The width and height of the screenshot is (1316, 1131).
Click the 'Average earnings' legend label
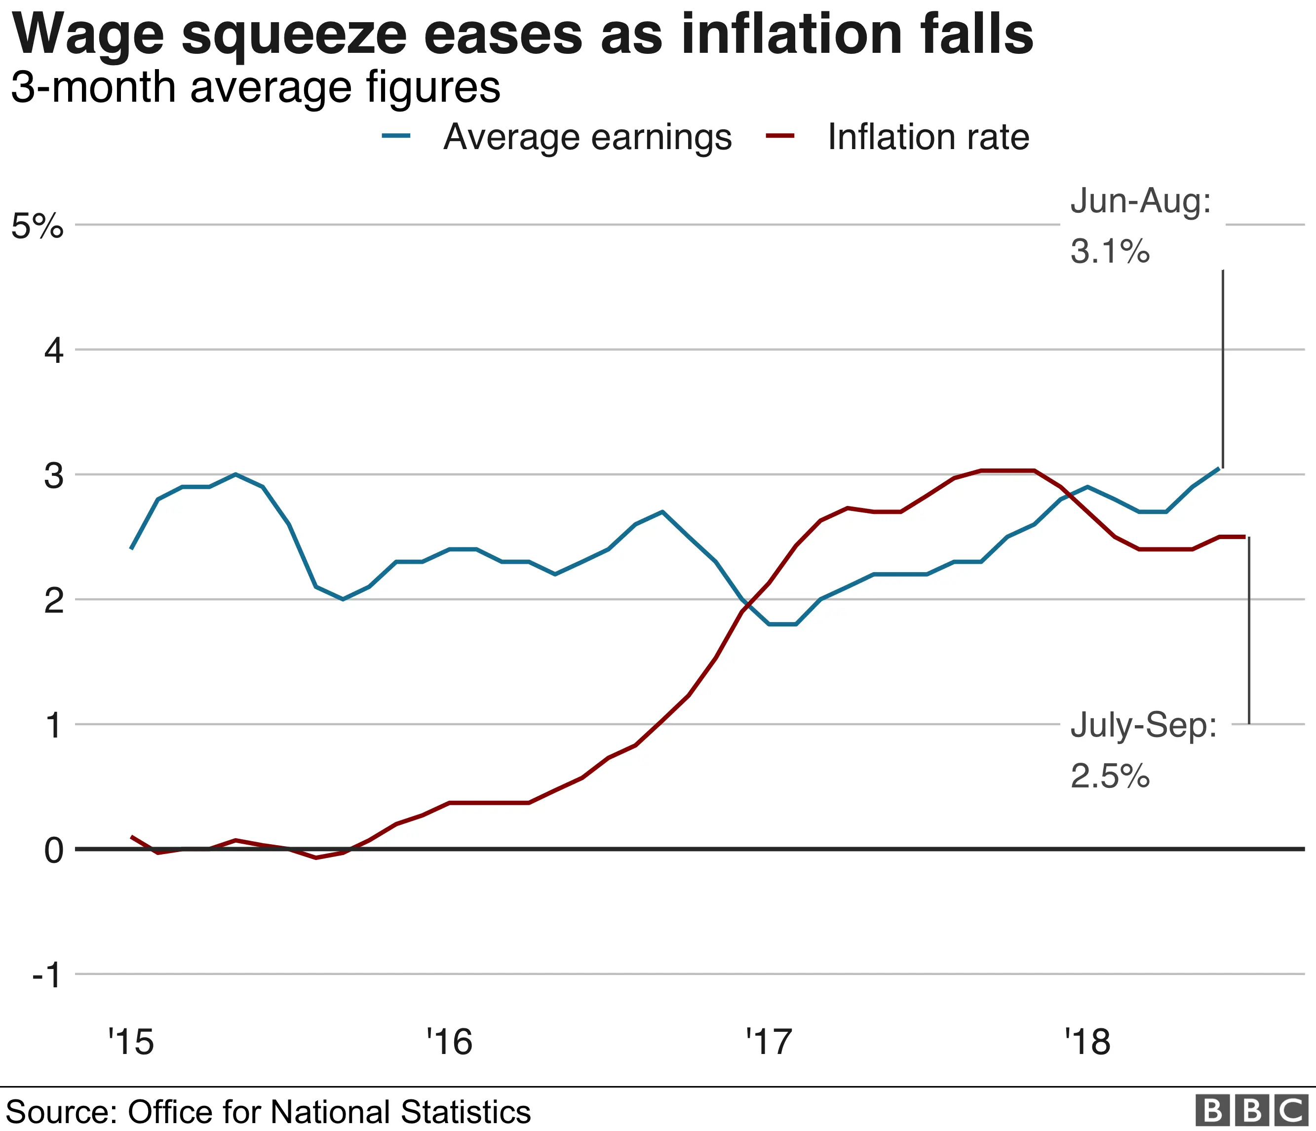tap(587, 137)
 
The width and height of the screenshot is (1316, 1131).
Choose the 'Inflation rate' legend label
tap(928, 137)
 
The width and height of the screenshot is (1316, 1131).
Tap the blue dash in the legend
tap(397, 135)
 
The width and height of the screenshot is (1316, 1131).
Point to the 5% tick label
tap(38, 226)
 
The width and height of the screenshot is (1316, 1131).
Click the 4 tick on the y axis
tap(54, 351)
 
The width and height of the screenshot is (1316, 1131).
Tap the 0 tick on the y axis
tap(54, 850)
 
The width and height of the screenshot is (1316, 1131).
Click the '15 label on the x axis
tap(131, 1042)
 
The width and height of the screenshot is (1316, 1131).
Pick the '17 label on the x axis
tap(769, 1042)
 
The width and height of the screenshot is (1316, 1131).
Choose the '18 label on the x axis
tap(1088, 1042)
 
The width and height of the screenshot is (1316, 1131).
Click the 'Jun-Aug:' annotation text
tap(1141, 201)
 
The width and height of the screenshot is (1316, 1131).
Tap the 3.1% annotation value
tap(1110, 251)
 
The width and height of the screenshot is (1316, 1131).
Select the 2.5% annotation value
tap(1110, 776)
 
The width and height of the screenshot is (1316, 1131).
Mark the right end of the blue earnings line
tap(1219, 468)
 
